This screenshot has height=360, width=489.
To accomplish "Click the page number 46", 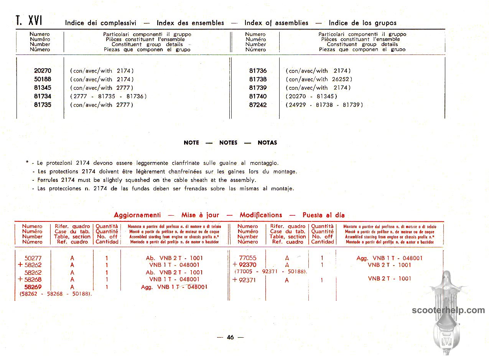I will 230,337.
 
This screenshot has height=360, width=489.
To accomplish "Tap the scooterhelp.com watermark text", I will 448,310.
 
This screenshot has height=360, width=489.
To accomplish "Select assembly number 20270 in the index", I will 42,71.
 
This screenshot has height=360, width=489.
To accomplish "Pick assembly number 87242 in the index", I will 258,105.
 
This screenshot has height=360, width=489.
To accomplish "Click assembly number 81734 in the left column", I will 42,96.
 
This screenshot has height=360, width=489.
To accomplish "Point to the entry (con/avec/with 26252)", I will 319,79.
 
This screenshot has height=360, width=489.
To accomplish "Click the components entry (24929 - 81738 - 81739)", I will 324,105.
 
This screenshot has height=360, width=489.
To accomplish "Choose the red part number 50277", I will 33,258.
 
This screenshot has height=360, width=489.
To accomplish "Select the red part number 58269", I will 33,287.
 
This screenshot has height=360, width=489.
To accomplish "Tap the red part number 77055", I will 247,258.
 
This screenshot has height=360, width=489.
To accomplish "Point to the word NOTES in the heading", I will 228,143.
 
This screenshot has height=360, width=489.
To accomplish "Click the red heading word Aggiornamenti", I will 137,215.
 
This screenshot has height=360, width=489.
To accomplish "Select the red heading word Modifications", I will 261,215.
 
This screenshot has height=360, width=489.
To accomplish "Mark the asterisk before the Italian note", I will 28,162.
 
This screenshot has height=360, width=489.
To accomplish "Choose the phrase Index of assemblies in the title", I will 276,23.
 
